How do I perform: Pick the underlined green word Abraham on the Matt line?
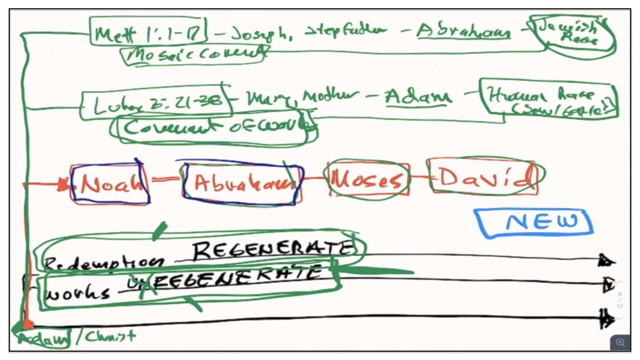(463, 31)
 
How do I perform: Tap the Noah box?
(110, 183)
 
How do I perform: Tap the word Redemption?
(103, 263)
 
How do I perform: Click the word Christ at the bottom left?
(110, 337)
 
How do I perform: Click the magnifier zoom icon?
(620, 342)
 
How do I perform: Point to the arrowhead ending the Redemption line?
(606, 261)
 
